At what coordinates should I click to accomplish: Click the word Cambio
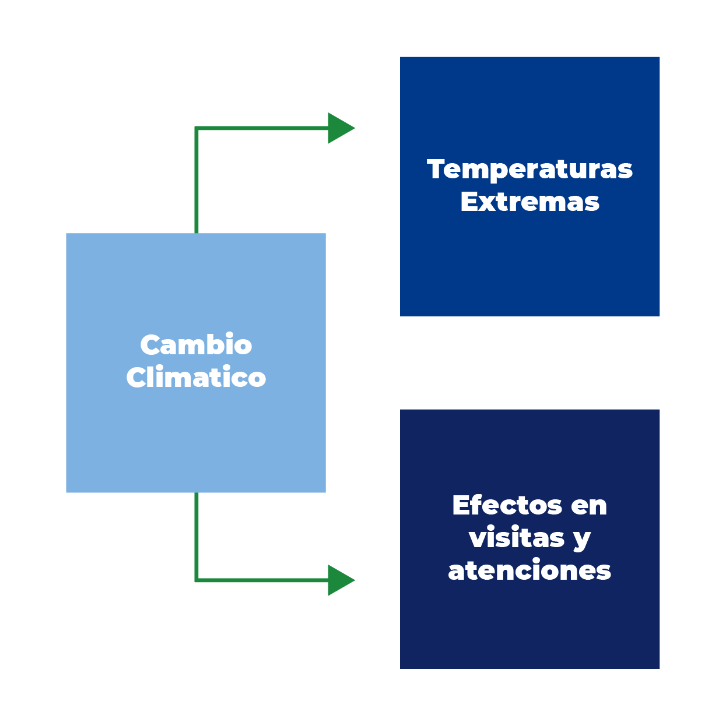pyautogui.click(x=196, y=345)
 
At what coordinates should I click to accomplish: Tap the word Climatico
pyautogui.click(x=196, y=378)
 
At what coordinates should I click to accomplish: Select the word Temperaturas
pyautogui.click(x=529, y=170)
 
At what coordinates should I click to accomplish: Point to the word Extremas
pyautogui.click(x=529, y=202)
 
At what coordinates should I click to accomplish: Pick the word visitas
pyautogui.click(x=517, y=538)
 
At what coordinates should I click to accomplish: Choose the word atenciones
pyautogui.click(x=529, y=570)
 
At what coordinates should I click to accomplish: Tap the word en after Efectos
pyautogui.click(x=589, y=506)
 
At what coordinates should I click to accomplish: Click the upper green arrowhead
pyautogui.click(x=340, y=128)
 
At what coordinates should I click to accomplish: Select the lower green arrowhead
pyautogui.click(x=340, y=580)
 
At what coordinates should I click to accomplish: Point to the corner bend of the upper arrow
pyautogui.click(x=197, y=129)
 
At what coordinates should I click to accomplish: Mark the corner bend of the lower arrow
pyautogui.click(x=197, y=580)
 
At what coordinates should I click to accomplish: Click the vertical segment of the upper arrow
pyautogui.click(x=197, y=181)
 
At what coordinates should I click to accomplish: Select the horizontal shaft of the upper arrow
pyautogui.click(x=262, y=128)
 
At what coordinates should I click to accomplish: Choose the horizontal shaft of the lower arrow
pyautogui.click(x=262, y=580)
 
